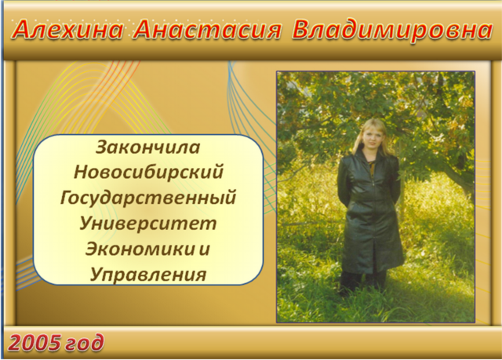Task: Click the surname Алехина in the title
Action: click(x=68, y=30)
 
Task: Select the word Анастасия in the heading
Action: click(x=207, y=30)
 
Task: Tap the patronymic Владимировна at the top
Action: click(x=392, y=30)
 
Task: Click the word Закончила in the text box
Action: click(x=148, y=147)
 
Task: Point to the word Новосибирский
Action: click(x=148, y=173)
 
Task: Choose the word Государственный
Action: click(x=148, y=198)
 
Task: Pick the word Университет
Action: click(x=148, y=223)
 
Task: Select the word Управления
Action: click(x=148, y=275)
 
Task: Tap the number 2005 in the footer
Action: click(x=35, y=343)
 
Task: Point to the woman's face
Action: click(x=373, y=137)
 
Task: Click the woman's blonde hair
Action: click(x=372, y=134)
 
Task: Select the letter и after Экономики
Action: click(x=204, y=249)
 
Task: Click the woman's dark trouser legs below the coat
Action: click(x=363, y=281)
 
